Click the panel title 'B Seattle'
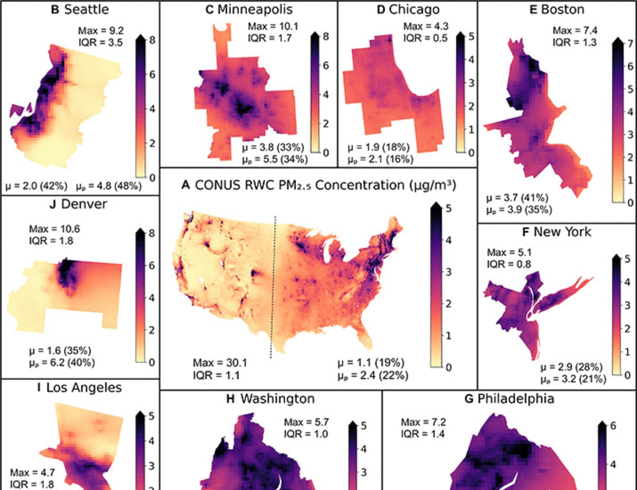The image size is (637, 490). tap(80, 10)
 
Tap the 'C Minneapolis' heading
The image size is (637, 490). tap(249, 10)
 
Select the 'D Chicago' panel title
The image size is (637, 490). tap(408, 10)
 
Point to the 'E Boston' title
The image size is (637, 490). tap(557, 10)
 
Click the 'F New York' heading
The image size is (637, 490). tap(556, 232)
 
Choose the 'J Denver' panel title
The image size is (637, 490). tap(78, 204)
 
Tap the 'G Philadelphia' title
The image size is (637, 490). tap(509, 399)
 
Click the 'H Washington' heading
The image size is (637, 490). tap(270, 399)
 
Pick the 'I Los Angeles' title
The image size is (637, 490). tap(79, 388)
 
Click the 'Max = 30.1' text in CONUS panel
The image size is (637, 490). tap(220, 363)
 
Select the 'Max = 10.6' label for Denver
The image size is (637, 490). tap(54, 229)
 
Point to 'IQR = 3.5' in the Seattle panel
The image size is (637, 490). tap(101, 42)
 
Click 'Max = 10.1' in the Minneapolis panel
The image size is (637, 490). tap(273, 26)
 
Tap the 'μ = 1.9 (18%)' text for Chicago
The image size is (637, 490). tap(378, 148)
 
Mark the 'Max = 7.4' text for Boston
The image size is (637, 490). tap(575, 30)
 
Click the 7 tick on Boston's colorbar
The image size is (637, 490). tap(630, 43)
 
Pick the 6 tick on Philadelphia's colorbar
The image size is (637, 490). tap(612, 426)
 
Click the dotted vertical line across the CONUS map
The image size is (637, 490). tap(273, 287)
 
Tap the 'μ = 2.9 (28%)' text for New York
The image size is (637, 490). tap(571, 367)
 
